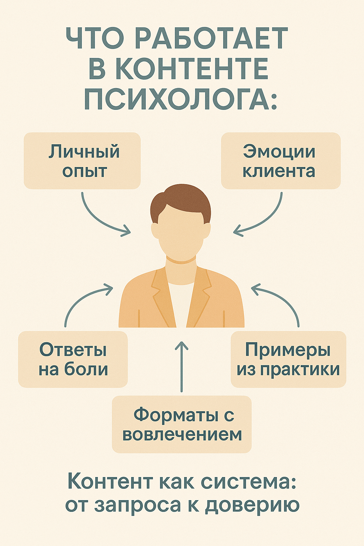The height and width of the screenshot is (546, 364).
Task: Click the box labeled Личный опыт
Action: point(82,161)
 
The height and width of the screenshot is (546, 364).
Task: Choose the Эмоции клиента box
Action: point(281,161)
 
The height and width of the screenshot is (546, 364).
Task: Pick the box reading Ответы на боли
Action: point(73,359)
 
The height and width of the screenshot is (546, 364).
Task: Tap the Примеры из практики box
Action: point(288,359)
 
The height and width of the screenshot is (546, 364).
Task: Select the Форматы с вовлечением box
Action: point(182,424)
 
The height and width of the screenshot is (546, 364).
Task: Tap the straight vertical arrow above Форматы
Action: point(182,366)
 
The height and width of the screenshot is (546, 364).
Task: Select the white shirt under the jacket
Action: point(181,302)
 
